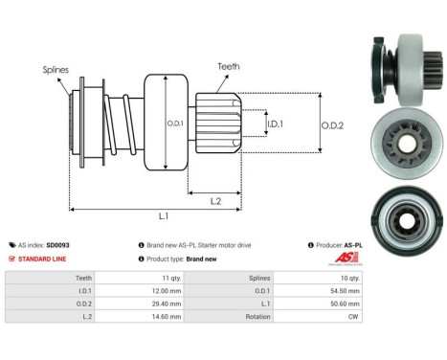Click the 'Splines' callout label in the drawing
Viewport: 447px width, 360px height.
click(55, 70)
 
